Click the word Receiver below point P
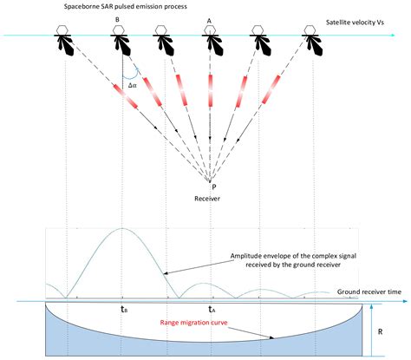(x=210, y=198)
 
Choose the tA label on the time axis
(x=211, y=308)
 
